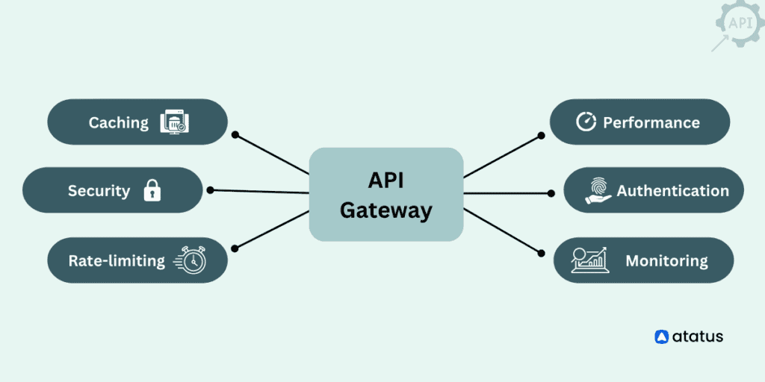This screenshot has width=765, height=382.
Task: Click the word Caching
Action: pyautogui.click(x=118, y=122)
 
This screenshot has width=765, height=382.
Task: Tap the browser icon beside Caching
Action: pyautogui.click(x=174, y=122)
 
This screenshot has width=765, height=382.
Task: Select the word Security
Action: pyautogui.click(x=99, y=190)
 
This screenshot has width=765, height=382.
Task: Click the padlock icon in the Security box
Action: pyautogui.click(x=152, y=190)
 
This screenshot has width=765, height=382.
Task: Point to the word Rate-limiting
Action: pyautogui.click(x=117, y=260)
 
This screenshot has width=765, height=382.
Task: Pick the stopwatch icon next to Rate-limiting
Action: pyautogui.click(x=191, y=260)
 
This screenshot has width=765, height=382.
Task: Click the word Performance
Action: pyautogui.click(x=651, y=122)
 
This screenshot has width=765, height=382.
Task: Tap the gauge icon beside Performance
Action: pyautogui.click(x=586, y=122)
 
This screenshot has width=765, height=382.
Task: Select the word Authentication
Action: pyautogui.click(x=672, y=190)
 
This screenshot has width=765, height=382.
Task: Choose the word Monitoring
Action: pyautogui.click(x=666, y=260)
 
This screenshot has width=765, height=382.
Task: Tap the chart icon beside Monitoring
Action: pyautogui.click(x=589, y=260)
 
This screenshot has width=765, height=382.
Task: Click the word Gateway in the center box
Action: pyautogui.click(x=385, y=210)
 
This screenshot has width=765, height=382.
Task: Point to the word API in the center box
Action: pyautogui.click(x=385, y=180)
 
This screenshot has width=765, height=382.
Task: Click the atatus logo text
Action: pyautogui.click(x=698, y=336)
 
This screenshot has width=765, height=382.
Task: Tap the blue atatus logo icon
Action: pyautogui.click(x=661, y=336)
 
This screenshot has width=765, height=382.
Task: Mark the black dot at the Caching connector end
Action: pyautogui.click(x=235, y=135)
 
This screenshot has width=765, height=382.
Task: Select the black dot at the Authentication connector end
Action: pyautogui.click(x=551, y=193)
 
